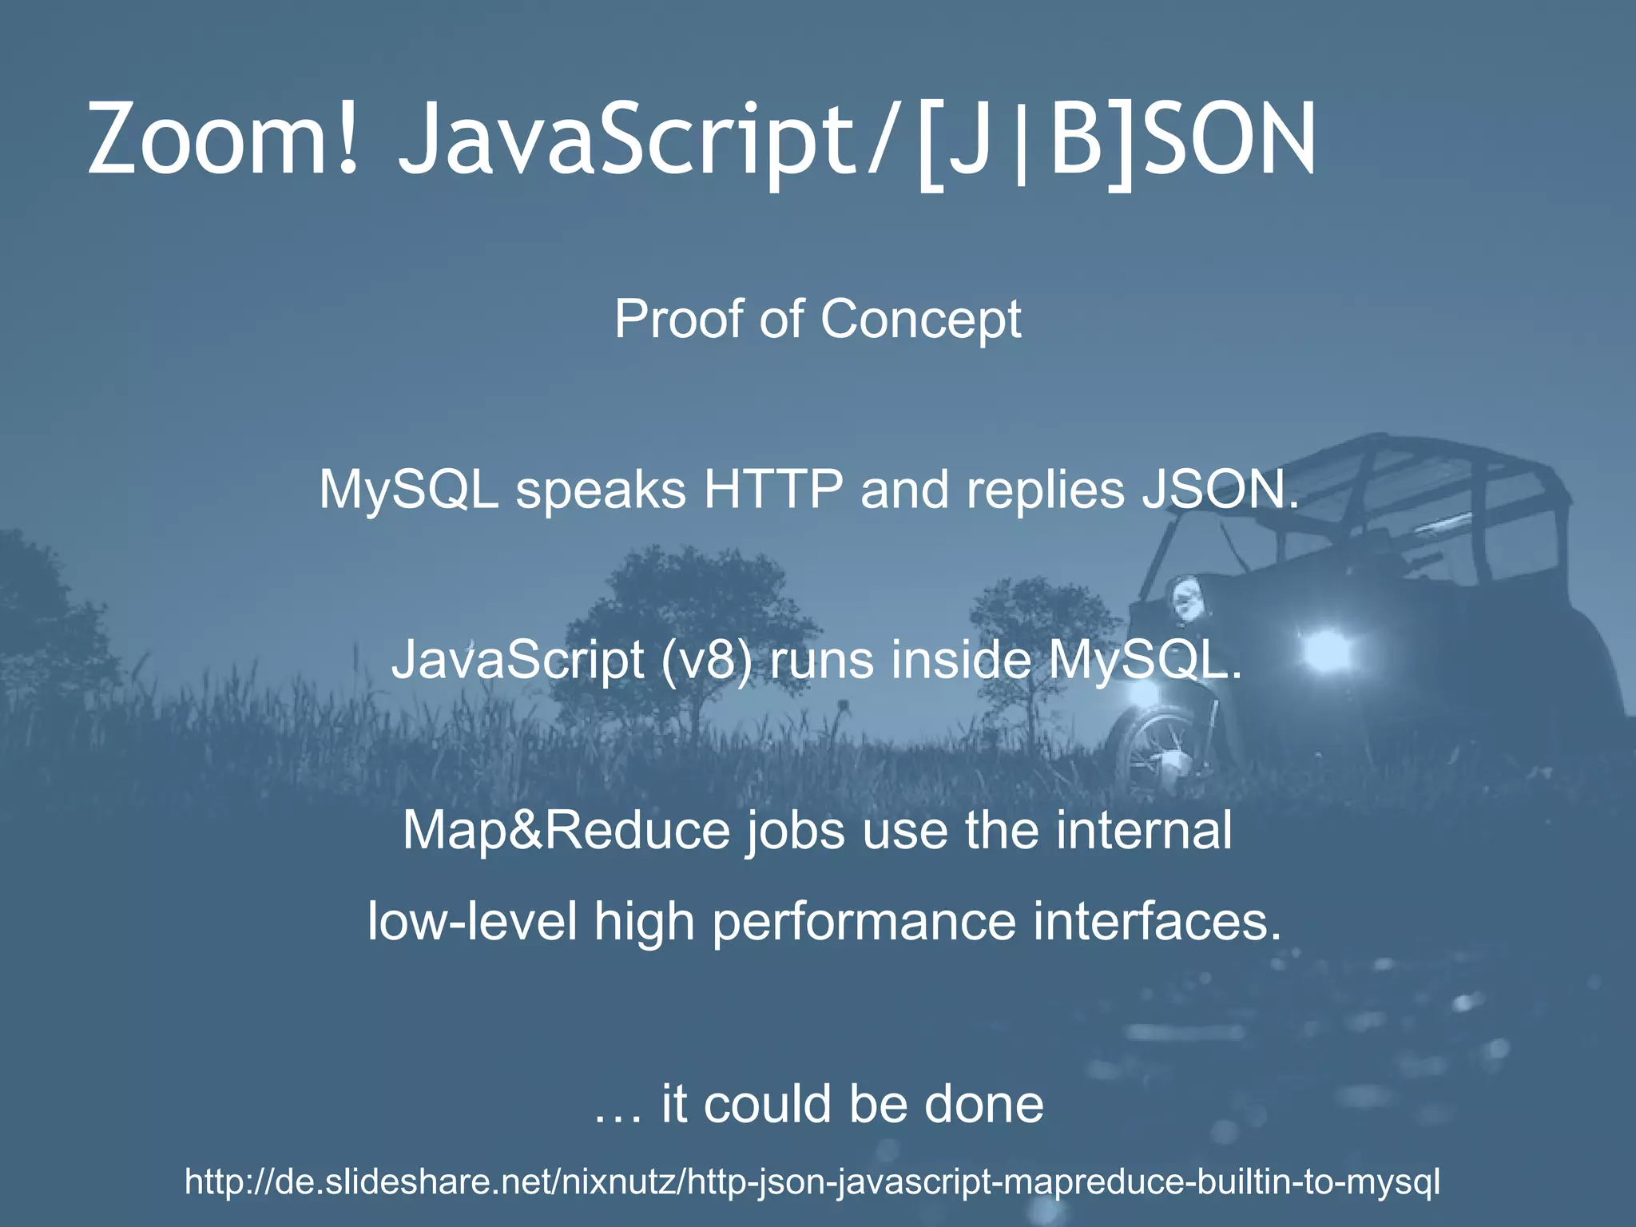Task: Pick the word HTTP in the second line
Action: point(772,489)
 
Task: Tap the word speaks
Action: point(601,490)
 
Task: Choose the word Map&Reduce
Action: point(566,830)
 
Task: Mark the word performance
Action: point(864,923)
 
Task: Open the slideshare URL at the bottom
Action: point(812,1181)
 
